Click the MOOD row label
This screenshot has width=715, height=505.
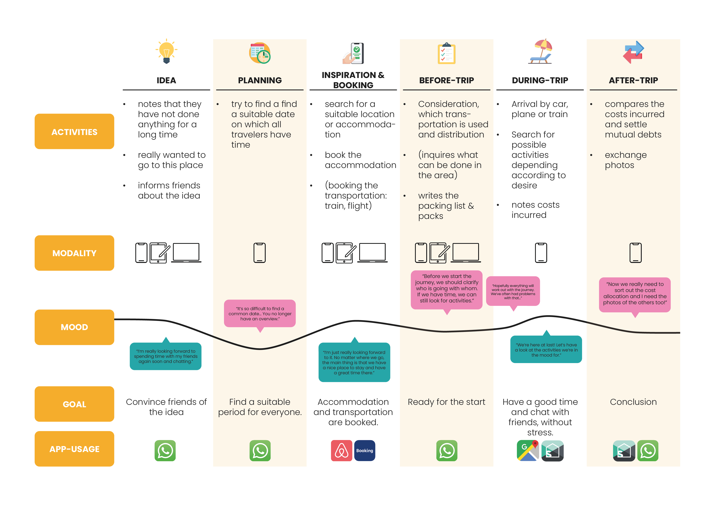[74, 327]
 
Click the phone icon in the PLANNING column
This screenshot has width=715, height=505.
[259, 253]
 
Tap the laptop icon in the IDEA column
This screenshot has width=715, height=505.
[186, 253]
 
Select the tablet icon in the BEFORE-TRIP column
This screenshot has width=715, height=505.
[438, 253]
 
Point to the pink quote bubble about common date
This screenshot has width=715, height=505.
[260, 313]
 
